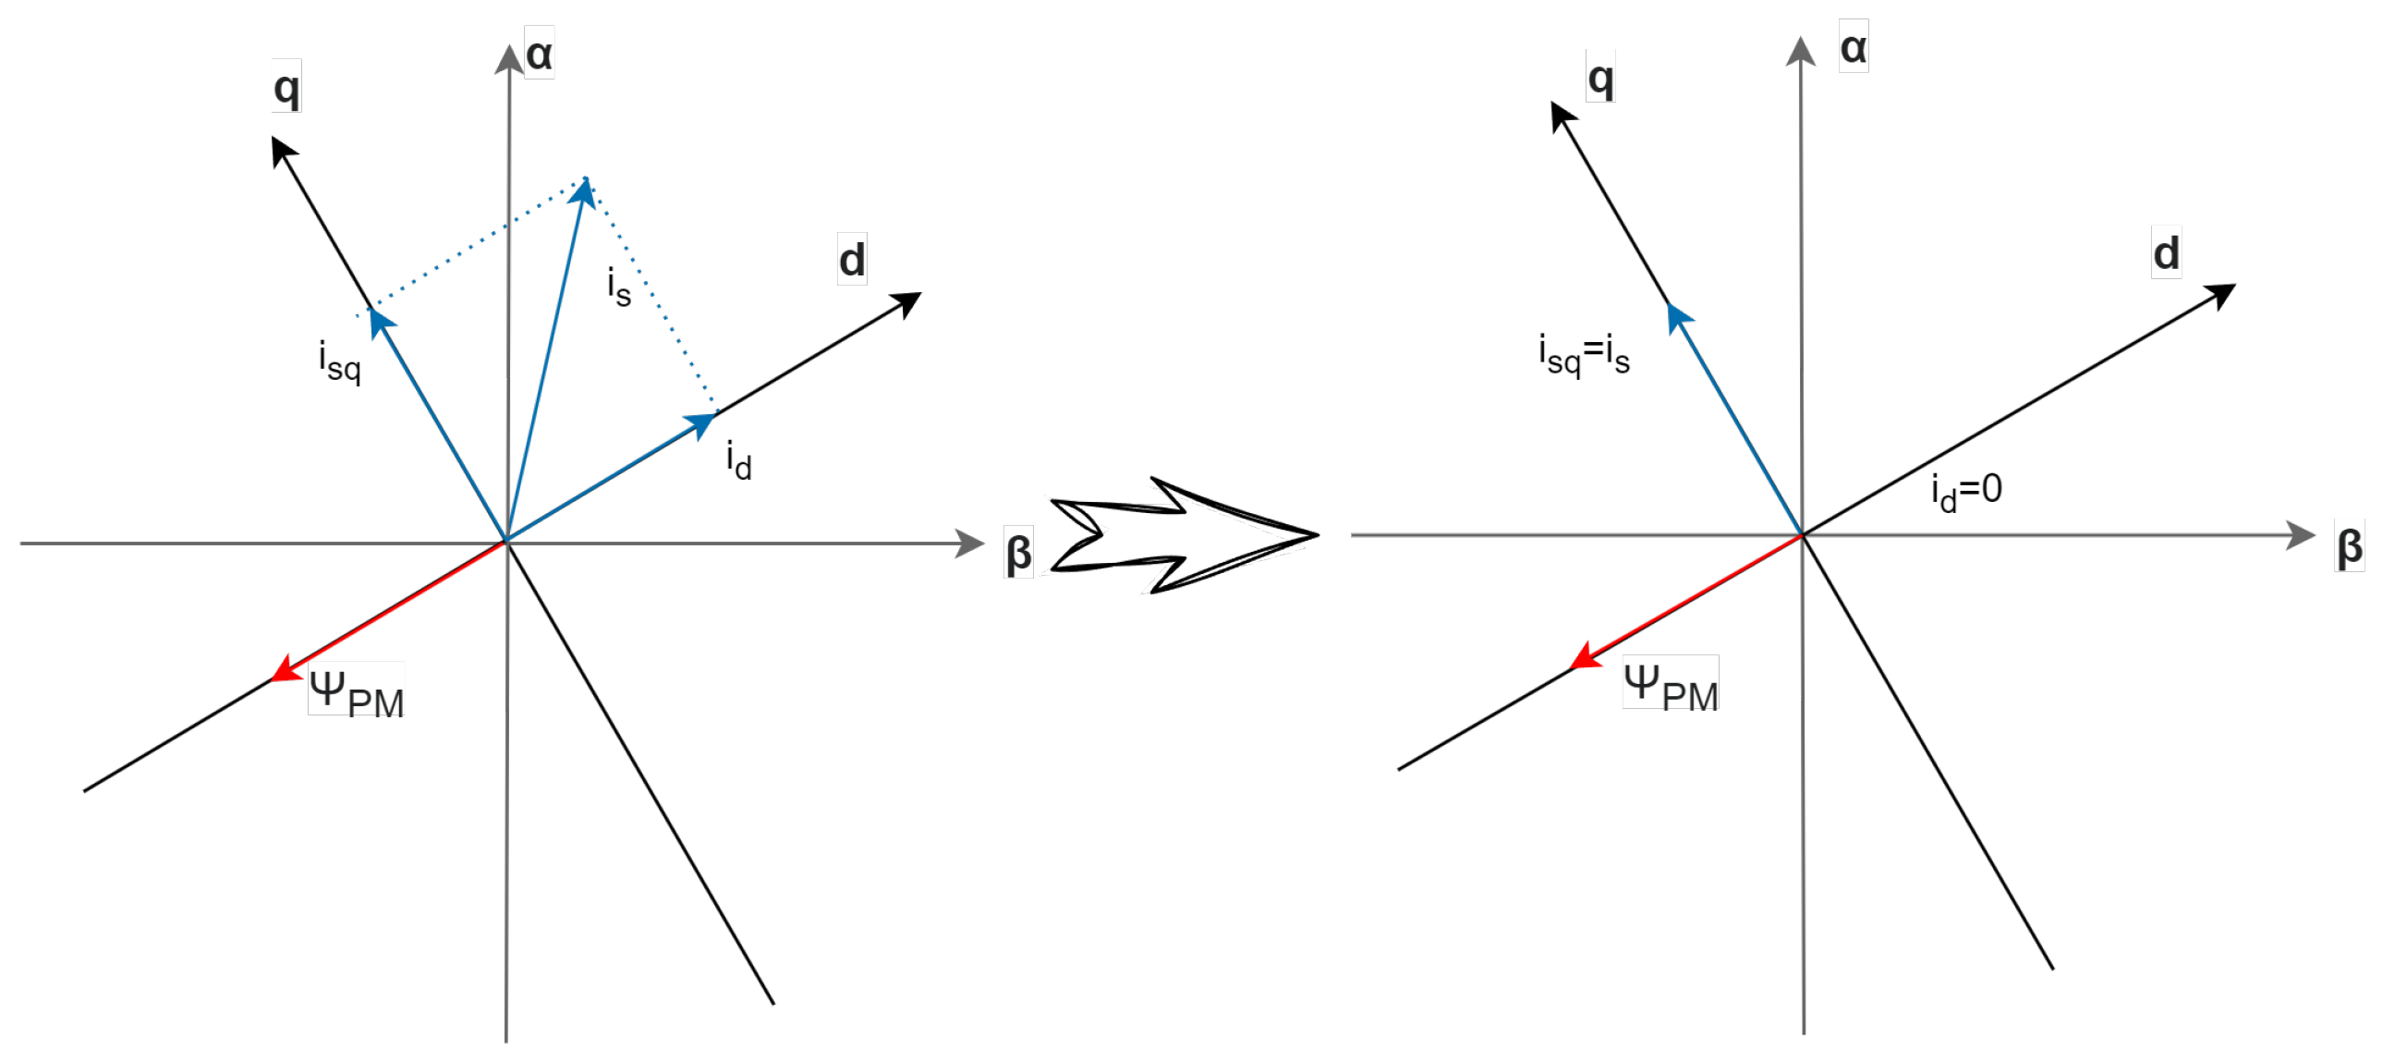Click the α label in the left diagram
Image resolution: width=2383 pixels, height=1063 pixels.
540,54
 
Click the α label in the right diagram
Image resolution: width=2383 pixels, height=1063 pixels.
1853,47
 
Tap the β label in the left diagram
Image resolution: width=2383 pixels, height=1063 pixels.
1017,553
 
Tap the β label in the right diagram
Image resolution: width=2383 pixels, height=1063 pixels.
2349,546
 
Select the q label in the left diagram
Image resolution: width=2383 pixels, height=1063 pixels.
286,87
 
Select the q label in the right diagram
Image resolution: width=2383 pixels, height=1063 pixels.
1600,78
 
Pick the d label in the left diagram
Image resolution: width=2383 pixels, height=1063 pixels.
852,260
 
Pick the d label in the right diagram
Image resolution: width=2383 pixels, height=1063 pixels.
2166,252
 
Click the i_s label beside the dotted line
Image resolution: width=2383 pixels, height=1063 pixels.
619,287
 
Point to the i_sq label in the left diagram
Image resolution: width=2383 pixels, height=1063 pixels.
339,360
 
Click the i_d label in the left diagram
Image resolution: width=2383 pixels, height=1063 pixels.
738,459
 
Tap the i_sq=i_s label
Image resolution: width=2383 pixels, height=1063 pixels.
1584,354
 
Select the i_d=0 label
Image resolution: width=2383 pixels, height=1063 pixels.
1965,490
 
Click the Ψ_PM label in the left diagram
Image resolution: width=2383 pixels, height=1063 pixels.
356,691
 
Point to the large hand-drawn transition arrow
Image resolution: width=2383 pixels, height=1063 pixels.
1184,536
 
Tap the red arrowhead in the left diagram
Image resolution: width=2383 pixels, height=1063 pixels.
284,669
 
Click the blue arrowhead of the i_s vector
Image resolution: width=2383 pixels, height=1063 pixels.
583,191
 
